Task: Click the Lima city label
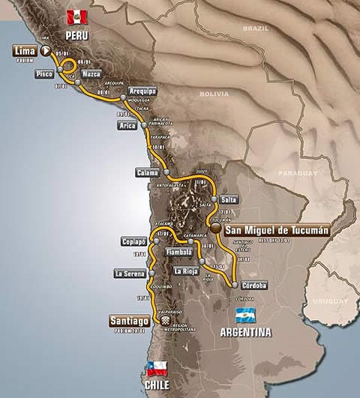25,51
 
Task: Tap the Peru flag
76,16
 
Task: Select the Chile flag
156,367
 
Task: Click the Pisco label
45,74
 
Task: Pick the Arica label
127,126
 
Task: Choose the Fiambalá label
179,253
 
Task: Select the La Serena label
128,274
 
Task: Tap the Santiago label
130,321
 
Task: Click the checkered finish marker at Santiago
162,321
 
